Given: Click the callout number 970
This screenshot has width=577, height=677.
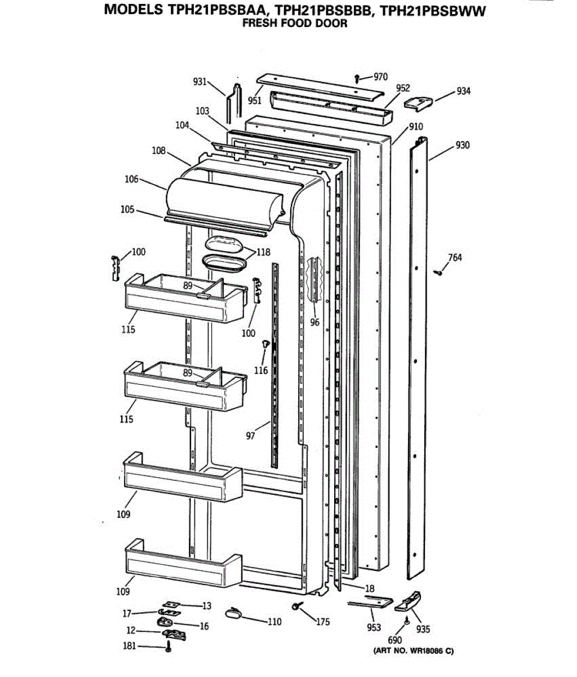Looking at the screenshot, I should (381, 77).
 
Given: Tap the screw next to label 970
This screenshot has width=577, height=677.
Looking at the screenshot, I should (357, 78).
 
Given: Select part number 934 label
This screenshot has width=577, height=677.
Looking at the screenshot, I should (463, 91).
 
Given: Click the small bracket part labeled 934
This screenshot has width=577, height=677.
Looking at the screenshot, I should (419, 102).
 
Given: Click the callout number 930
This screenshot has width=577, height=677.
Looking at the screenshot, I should (463, 146).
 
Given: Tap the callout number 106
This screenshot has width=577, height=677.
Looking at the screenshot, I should (131, 179).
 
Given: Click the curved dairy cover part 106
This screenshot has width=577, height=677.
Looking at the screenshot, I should (225, 200).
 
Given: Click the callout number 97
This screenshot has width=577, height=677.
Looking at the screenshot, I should (250, 436).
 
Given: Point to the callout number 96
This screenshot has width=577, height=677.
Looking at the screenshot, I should (314, 322).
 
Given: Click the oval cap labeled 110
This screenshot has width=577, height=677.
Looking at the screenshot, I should (233, 613).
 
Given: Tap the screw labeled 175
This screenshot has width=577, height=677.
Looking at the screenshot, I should (297, 606).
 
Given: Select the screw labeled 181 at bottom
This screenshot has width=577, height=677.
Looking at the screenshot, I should (168, 647).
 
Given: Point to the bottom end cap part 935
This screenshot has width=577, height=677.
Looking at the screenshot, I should (409, 602).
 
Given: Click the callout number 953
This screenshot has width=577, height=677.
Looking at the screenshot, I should (374, 627).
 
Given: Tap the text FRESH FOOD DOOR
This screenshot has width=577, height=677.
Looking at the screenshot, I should (295, 24).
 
